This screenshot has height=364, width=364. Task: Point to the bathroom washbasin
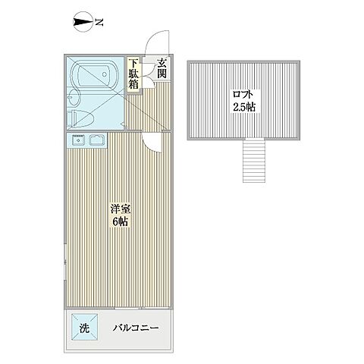(74, 96)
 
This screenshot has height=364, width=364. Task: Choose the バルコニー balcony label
(136, 328)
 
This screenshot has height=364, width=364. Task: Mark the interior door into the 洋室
(152, 140)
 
